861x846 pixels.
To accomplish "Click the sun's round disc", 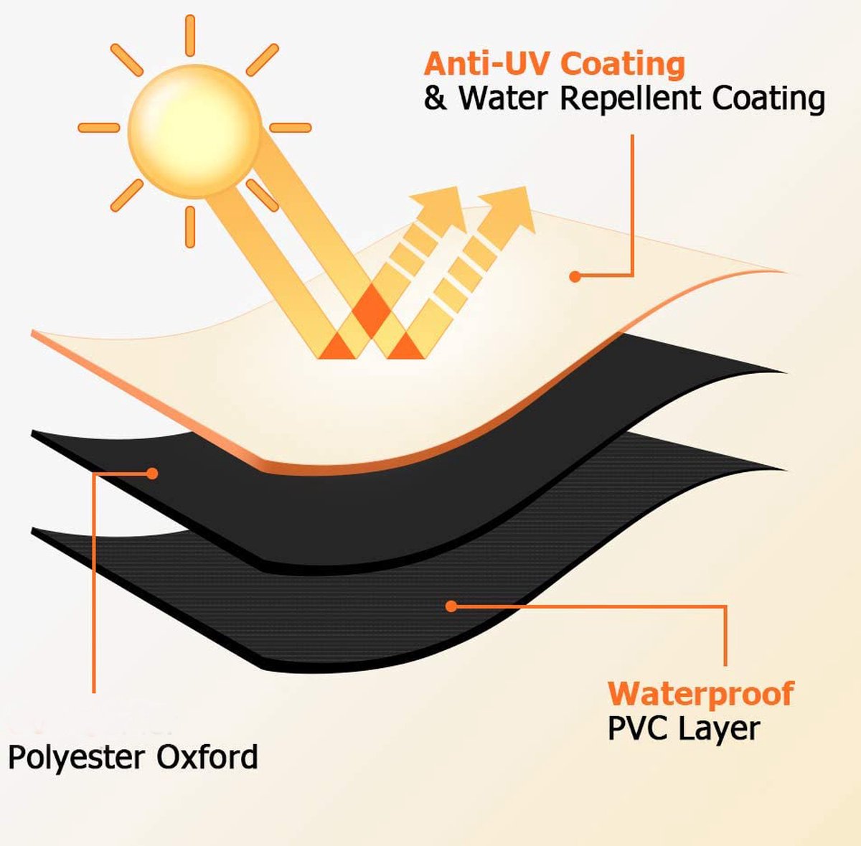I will click(194, 131).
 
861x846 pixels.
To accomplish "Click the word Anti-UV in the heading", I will click(487, 64).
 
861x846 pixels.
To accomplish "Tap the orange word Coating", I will click(622, 64).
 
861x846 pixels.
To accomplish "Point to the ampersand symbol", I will click(435, 98).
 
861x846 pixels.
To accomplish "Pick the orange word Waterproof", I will click(700, 694).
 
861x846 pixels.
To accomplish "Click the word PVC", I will click(638, 728).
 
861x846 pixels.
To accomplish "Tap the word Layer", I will click(720, 730).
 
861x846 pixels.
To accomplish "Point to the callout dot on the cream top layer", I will click(575, 276).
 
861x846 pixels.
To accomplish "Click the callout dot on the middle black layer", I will click(152, 474).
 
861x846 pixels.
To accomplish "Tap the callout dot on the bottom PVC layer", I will click(451, 606).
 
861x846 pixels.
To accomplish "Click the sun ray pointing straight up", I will click(190, 35).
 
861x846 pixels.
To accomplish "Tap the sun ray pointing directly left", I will click(98, 128).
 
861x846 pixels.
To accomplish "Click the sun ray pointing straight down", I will click(190, 226).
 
